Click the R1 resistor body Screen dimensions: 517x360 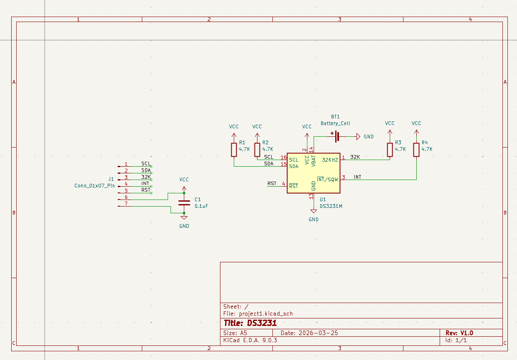(x=234, y=150)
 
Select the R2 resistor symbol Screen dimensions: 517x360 (x=257, y=150)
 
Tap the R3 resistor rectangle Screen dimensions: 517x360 (x=390, y=150)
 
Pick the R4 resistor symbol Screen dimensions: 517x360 (x=416, y=150)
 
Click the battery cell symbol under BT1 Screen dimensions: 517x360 (x=336, y=136)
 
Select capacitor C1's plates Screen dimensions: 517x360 (x=184, y=203)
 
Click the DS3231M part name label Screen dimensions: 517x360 (x=331, y=206)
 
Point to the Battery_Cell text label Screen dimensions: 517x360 (x=335, y=123)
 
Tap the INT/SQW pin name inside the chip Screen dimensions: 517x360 (x=327, y=179)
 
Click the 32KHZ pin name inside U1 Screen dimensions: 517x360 (x=330, y=160)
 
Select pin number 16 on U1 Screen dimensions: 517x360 (x=284, y=158)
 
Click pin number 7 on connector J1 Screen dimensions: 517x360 (x=126, y=204)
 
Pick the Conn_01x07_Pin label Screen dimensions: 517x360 (x=94, y=186)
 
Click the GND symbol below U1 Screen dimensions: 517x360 (x=314, y=211)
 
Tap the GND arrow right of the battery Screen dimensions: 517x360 (x=358, y=136)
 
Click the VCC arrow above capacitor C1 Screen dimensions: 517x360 (x=184, y=189)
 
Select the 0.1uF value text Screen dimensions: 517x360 (x=201, y=206)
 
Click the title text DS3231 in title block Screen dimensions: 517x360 (x=262, y=323)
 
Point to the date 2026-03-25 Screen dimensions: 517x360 (x=318, y=333)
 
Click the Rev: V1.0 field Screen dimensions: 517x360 (x=459, y=333)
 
